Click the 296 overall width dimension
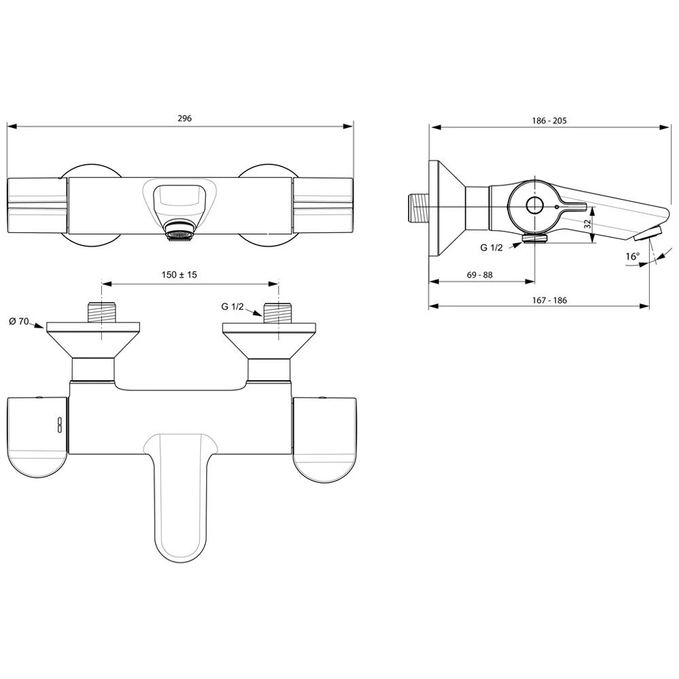(x=185, y=118)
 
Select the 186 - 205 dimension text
(x=549, y=121)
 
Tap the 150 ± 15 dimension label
(x=179, y=274)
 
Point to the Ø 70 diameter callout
(x=18, y=321)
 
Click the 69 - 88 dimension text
(x=480, y=275)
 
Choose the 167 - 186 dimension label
(x=549, y=300)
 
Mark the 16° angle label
(x=632, y=257)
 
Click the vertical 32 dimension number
(x=587, y=224)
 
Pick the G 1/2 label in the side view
(x=492, y=248)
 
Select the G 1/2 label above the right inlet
(x=232, y=307)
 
